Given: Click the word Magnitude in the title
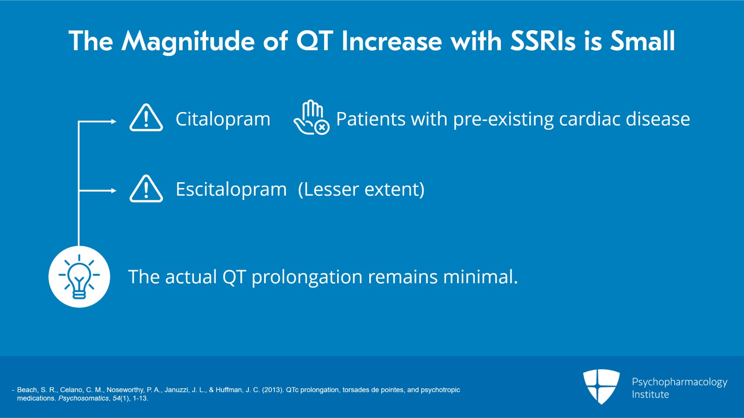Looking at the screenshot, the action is pos(188,41).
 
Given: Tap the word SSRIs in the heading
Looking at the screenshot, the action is pos(543,41).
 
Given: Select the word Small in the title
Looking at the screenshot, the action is pos(642,41).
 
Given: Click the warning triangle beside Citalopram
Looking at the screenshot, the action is pos(146,118).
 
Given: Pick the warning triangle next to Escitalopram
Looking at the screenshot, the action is pos(146,189).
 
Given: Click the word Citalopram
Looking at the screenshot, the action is pos(223,119).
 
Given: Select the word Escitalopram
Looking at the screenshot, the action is pos(231,189).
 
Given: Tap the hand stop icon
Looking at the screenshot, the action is pos(311,117).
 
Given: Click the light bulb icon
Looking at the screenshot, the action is pos(79,277).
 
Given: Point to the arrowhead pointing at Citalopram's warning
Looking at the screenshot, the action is pos(113,121).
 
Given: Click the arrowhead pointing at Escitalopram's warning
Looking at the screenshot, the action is pos(113,191).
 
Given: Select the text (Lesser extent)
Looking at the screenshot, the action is pos(361,189).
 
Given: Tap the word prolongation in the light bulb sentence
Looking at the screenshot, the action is pos(307,277).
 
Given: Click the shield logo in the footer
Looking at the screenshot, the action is pos(602,386).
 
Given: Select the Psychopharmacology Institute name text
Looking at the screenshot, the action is pos(679,388).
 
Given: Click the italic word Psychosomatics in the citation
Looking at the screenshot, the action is pos(83,398).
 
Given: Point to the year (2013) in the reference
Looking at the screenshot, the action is pos(272,390).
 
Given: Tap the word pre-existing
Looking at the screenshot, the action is pos(504,119).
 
